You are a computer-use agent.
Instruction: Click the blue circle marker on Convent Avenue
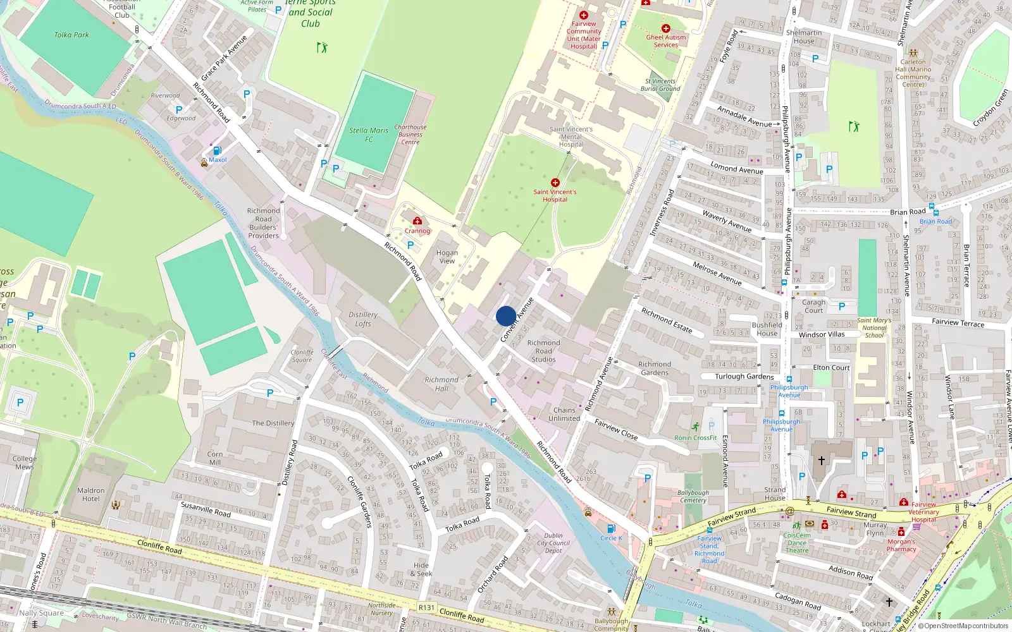pyautogui.click(x=506, y=316)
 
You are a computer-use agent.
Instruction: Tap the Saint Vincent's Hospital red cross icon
pyautogui.click(x=555, y=183)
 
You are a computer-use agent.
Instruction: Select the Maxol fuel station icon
pyautogui.click(x=217, y=150)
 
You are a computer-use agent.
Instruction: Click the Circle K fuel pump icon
pyautogui.click(x=611, y=528)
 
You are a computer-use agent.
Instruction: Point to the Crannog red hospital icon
pyautogui.click(x=417, y=221)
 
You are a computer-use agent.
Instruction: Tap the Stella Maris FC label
pyautogui.click(x=369, y=135)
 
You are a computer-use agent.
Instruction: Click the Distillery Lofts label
pyautogui.click(x=363, y=319)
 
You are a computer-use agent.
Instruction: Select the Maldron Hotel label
pyautogui.click(x=90, y=494)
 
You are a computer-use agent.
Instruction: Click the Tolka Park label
pyautogui.click(x=71, y=35)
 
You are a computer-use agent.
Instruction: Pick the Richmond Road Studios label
pyautogui.click(x=543, y=351)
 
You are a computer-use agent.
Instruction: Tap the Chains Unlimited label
pyautogui.click(x=564, y=414)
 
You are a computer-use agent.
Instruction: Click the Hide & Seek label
pyautogui.click(x=421, y=569)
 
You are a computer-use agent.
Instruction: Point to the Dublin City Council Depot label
pyautogui.click(x=553, y=543)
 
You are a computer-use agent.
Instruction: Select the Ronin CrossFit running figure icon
pyautogui.click(x=696, y=427)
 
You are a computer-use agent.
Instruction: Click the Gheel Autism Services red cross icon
pyautogui.click(x=665, y=28)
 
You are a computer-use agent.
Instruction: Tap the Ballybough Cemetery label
pyautogui.click(x=693, y=496)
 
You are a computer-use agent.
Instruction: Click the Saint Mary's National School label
pyautogui.click(x=874, y=327)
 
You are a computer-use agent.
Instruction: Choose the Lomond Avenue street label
pyautogui.click(x=736, y=168)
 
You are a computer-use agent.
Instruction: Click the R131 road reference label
pyautogui.click(x=427, y=607)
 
